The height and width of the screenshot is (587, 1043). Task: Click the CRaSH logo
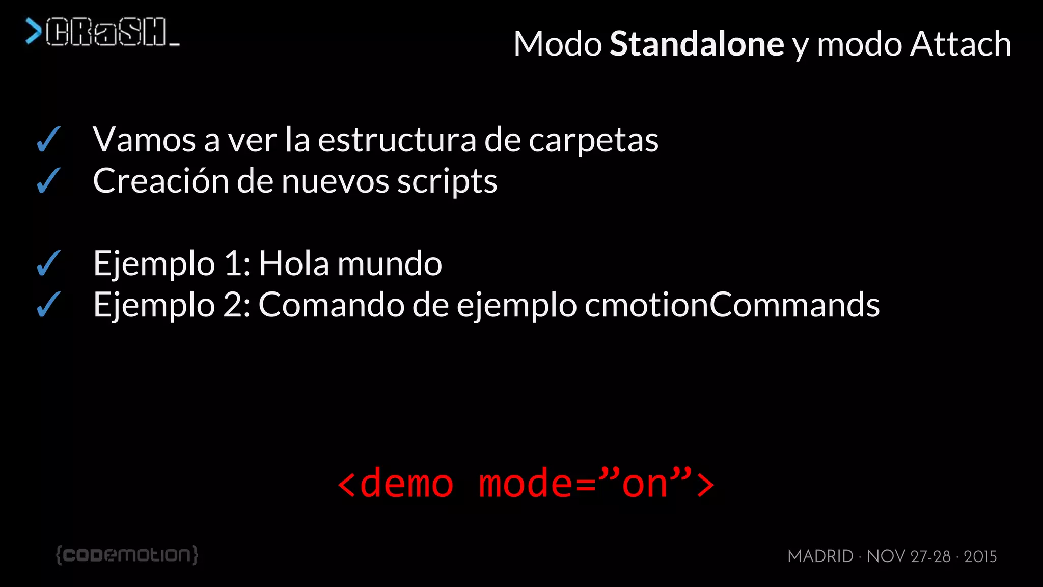click(x=102, y=32)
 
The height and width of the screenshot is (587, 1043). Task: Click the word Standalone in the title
click(x=697, y=44)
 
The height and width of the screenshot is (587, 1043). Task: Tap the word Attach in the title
click(x=960, y=44)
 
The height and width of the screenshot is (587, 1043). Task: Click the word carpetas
click(x=593, y=140)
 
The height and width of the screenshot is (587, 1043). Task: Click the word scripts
click(x=447, y=182)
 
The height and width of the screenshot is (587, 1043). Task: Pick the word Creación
click(x=161, y=181)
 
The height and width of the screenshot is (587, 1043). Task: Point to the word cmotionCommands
click(x=732, y=305)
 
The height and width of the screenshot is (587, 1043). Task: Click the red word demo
click(x=406, y=483)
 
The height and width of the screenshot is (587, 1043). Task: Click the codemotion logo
click(x=127, y=554)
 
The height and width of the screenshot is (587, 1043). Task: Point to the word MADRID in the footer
click(x=820, y=556)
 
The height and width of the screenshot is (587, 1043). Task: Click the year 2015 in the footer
click(x=980, y=556)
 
